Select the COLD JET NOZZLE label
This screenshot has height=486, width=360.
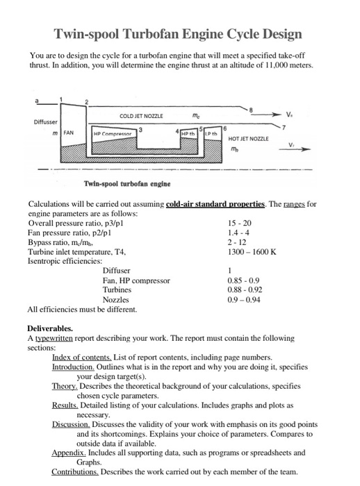(x=141, y=116)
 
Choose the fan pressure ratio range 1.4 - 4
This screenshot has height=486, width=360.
(x=238, y=233)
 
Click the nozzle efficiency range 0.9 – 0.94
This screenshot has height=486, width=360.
(x=244, y=299)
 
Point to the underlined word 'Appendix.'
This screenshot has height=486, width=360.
(x=72, y=451)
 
